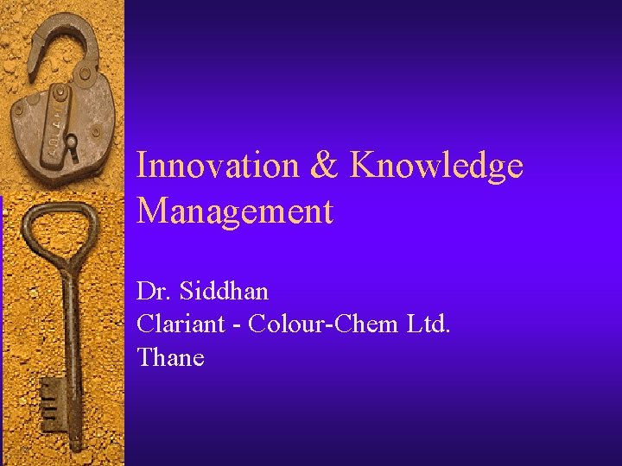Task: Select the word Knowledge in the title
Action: click(x=436, y=165)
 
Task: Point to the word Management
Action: click(x=234, y=211)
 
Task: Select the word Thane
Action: click(x=170, y=356)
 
